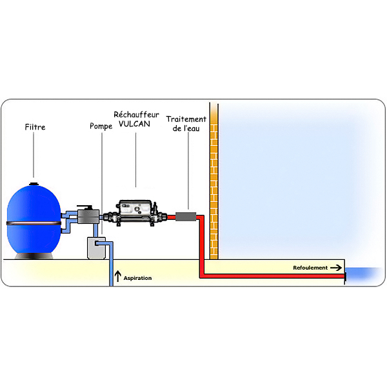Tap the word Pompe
[101, 126]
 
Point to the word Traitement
[186, 119]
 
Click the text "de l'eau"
[186, 129]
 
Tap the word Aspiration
[137, 278]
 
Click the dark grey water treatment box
[187, 217]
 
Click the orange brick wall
[213, 181]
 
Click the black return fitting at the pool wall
[345, 276]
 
